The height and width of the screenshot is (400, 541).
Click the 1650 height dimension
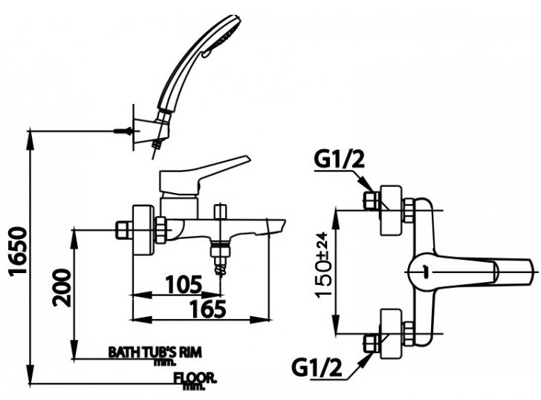point(17,251)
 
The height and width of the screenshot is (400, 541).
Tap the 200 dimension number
point(62,288)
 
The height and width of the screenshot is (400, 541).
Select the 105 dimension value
point(184,284)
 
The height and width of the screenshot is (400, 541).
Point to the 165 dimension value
point(208,309)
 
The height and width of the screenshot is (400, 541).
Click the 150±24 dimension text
point(323,264)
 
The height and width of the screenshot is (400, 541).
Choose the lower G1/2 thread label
point(317,367)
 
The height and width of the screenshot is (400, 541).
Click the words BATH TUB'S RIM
point(155,352)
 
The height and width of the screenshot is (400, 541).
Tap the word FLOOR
point(195,378)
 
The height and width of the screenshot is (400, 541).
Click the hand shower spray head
point(225,34)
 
